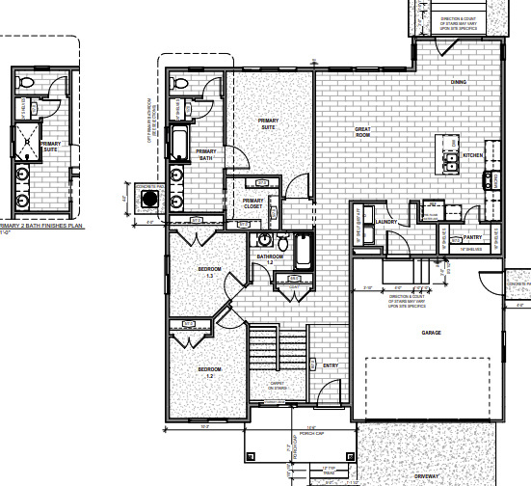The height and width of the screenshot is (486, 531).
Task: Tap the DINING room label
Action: (x=459, y=82)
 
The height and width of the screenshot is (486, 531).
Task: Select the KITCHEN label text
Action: (x=472, y=156)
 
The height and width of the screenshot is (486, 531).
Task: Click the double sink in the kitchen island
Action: (x=451, y=163)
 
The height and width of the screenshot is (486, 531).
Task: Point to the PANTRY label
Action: (x=472, y=236)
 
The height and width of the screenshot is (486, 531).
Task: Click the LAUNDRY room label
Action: (x=388, y=223)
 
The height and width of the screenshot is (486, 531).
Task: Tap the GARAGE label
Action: (x=431, y=333)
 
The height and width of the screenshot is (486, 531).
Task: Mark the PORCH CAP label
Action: (x=309, y=433)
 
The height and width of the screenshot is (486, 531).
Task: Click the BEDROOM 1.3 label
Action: (x=211, y=271)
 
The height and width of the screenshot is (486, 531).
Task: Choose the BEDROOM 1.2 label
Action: (x=210, y=371)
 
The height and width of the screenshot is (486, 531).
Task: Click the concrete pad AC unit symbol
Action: (x=149, y=200)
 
